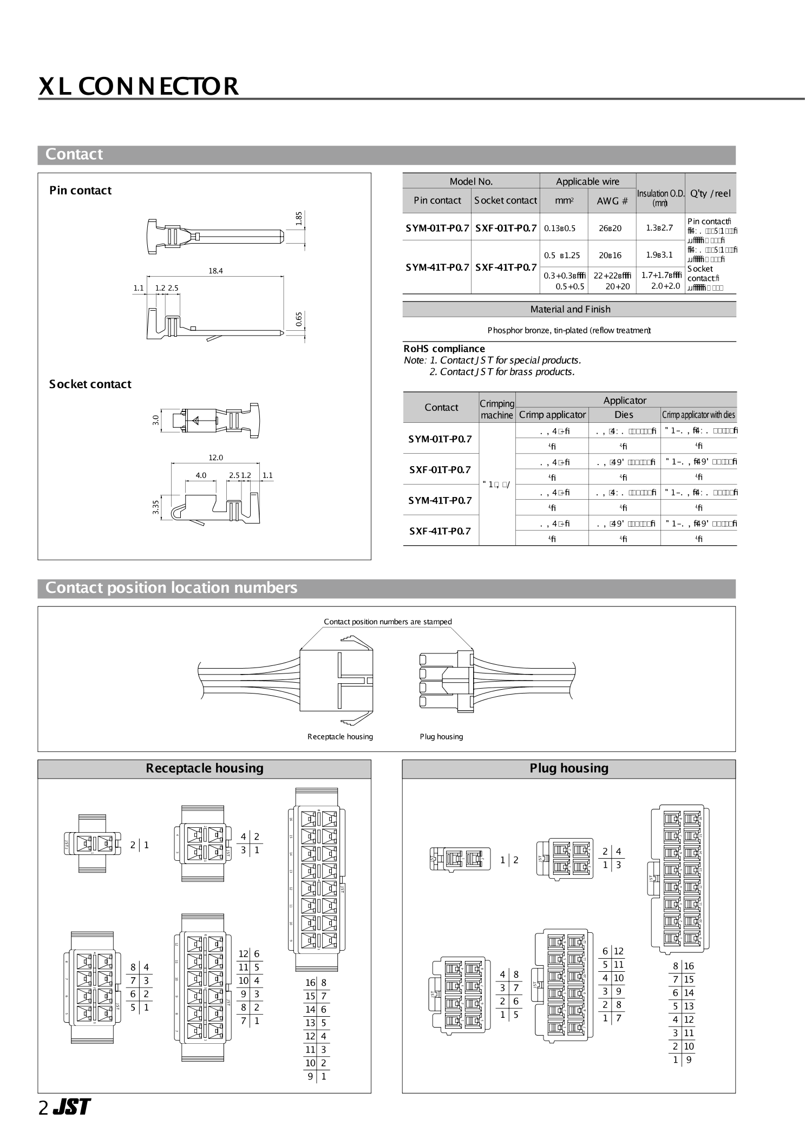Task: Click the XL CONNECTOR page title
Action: [x=139, y=86]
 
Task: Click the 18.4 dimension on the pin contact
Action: [x=215, y=271]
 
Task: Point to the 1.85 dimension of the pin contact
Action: [x=299, y=218]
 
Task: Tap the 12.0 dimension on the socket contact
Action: [x=215, y=457]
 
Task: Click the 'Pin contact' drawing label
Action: [x=80, y=191]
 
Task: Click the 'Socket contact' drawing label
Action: [x=90, y=384]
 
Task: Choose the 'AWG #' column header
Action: [x=612, y=201]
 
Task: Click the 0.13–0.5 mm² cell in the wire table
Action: [x=560, y=228]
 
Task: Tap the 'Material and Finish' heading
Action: [x=570, y=310]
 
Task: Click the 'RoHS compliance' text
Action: [x=444, y=349]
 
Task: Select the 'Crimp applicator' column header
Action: [x=552, y=415]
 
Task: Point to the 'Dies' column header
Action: [x=624, y=415]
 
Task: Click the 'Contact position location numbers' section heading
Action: [x=171, y=588]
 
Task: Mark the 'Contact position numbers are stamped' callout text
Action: [x=388, y=622]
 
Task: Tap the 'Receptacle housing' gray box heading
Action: [x=204, y=768]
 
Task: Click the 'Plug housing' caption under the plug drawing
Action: [x=441, y=736]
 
